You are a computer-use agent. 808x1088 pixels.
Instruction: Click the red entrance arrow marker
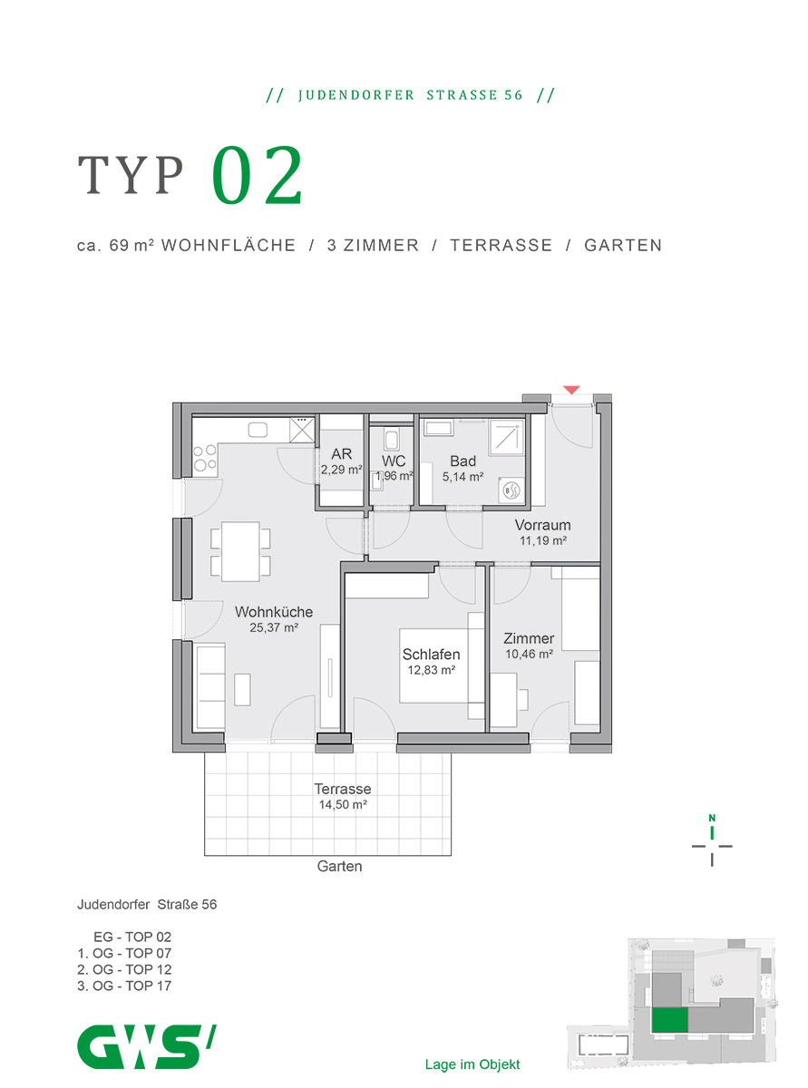571,390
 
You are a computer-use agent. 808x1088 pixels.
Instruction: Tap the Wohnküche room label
273,612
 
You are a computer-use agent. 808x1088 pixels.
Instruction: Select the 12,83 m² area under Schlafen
432,670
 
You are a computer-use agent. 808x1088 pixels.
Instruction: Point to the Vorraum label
542,525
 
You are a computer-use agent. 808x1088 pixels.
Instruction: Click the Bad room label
462,461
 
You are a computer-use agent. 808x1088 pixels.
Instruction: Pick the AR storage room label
341,453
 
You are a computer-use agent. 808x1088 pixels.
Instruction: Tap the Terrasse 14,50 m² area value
343,804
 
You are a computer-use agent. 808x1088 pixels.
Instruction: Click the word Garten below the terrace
339,866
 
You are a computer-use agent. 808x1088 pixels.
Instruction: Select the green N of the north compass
712,818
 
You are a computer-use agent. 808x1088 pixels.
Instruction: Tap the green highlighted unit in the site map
669,1020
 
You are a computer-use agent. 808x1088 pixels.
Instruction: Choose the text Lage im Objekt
472,1064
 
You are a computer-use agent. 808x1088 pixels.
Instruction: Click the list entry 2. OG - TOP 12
124,969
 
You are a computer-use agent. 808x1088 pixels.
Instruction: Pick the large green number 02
258,175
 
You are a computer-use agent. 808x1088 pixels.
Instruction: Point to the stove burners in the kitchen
205,458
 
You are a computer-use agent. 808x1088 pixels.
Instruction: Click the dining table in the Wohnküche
240,551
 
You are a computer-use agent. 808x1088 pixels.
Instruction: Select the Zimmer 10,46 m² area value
530,654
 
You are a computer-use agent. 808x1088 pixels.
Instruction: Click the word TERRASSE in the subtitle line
501,246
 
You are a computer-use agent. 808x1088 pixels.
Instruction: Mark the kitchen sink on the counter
258,430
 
